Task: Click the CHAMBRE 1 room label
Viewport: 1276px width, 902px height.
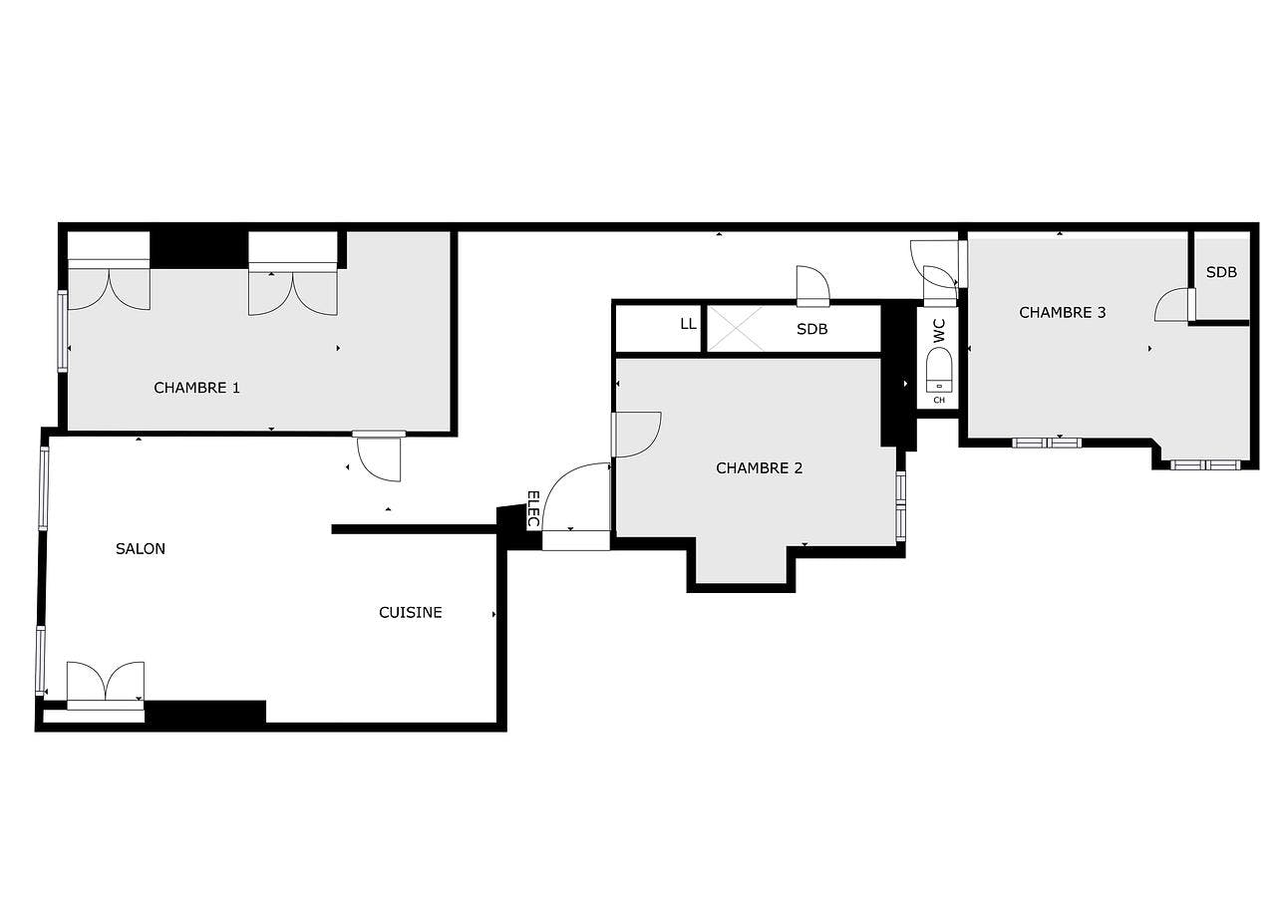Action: [196, 388]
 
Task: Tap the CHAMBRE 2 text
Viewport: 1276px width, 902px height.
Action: [759, 467]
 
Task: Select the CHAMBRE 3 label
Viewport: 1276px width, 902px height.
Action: [1062, 312]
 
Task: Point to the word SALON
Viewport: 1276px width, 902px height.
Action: [141, 548]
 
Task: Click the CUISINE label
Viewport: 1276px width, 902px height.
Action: [410, 612]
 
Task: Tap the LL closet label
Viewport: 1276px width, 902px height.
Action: [688, 324]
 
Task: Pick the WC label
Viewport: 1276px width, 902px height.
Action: [939, 331]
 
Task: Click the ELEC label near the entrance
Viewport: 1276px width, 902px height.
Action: [532, 508]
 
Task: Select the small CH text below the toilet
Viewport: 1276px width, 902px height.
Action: [939, 400]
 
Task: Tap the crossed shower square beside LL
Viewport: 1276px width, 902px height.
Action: [736, 329]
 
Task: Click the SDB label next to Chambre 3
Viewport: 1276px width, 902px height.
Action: [1221, 272]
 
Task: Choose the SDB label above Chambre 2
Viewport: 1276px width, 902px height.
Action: [811, 329]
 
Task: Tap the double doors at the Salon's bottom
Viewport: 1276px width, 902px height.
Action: [105, 686]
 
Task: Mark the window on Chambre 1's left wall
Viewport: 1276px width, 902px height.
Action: [62, 331]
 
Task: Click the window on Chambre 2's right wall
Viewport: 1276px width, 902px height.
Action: [900, 505]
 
